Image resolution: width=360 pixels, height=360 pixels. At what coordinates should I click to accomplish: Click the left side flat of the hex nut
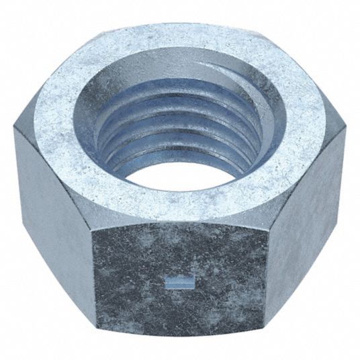(x=50, y=208)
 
